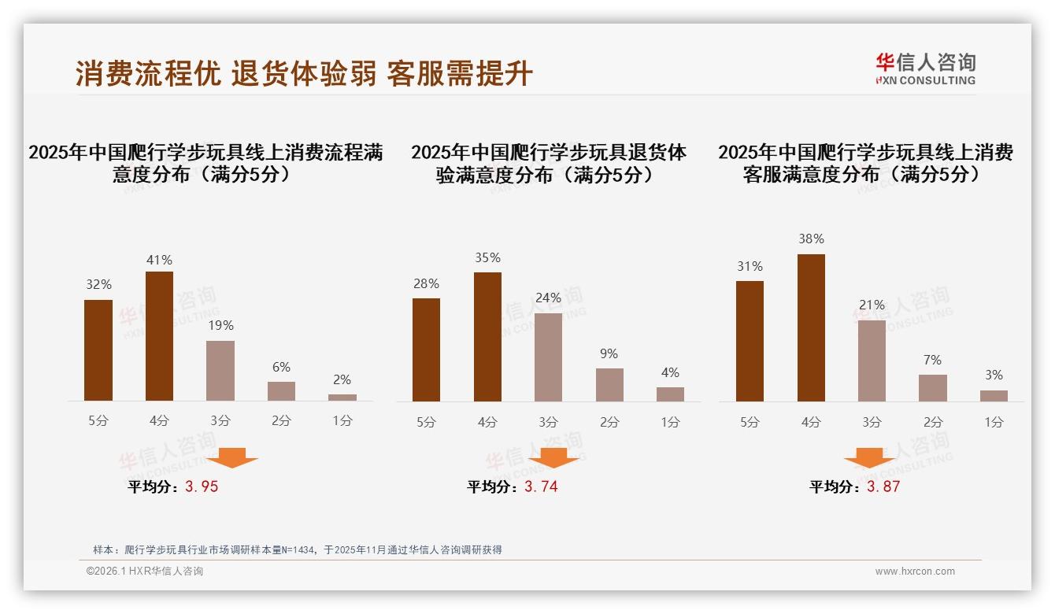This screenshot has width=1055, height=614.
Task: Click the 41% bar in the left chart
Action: (159, 336)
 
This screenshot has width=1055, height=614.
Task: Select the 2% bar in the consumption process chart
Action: (342, 398)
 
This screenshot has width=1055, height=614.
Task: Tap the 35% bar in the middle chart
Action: (487, 337)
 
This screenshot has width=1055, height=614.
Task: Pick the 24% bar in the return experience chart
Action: (548, 357)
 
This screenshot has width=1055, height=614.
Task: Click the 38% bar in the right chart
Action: (811, 327)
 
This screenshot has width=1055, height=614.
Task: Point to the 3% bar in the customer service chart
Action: (994, 396)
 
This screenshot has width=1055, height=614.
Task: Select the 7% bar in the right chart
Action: (933, 388)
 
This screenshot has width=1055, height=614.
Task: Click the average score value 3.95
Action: (202, 486)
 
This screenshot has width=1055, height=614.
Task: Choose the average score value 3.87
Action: (883, 486)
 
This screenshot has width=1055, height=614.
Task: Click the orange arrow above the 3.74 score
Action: (553, 457)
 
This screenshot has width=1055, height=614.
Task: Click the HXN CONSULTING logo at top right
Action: (925, 68)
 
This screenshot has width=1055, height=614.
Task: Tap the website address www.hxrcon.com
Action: (915, 571)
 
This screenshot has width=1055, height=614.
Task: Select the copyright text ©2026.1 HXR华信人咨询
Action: (145, 571)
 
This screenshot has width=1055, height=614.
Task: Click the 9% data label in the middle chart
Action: (609, 354)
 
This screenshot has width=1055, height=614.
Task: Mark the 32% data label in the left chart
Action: (98, 285)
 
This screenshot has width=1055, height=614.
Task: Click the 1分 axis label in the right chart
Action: (994, 422)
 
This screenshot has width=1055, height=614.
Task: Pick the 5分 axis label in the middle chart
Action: (426, 422)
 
